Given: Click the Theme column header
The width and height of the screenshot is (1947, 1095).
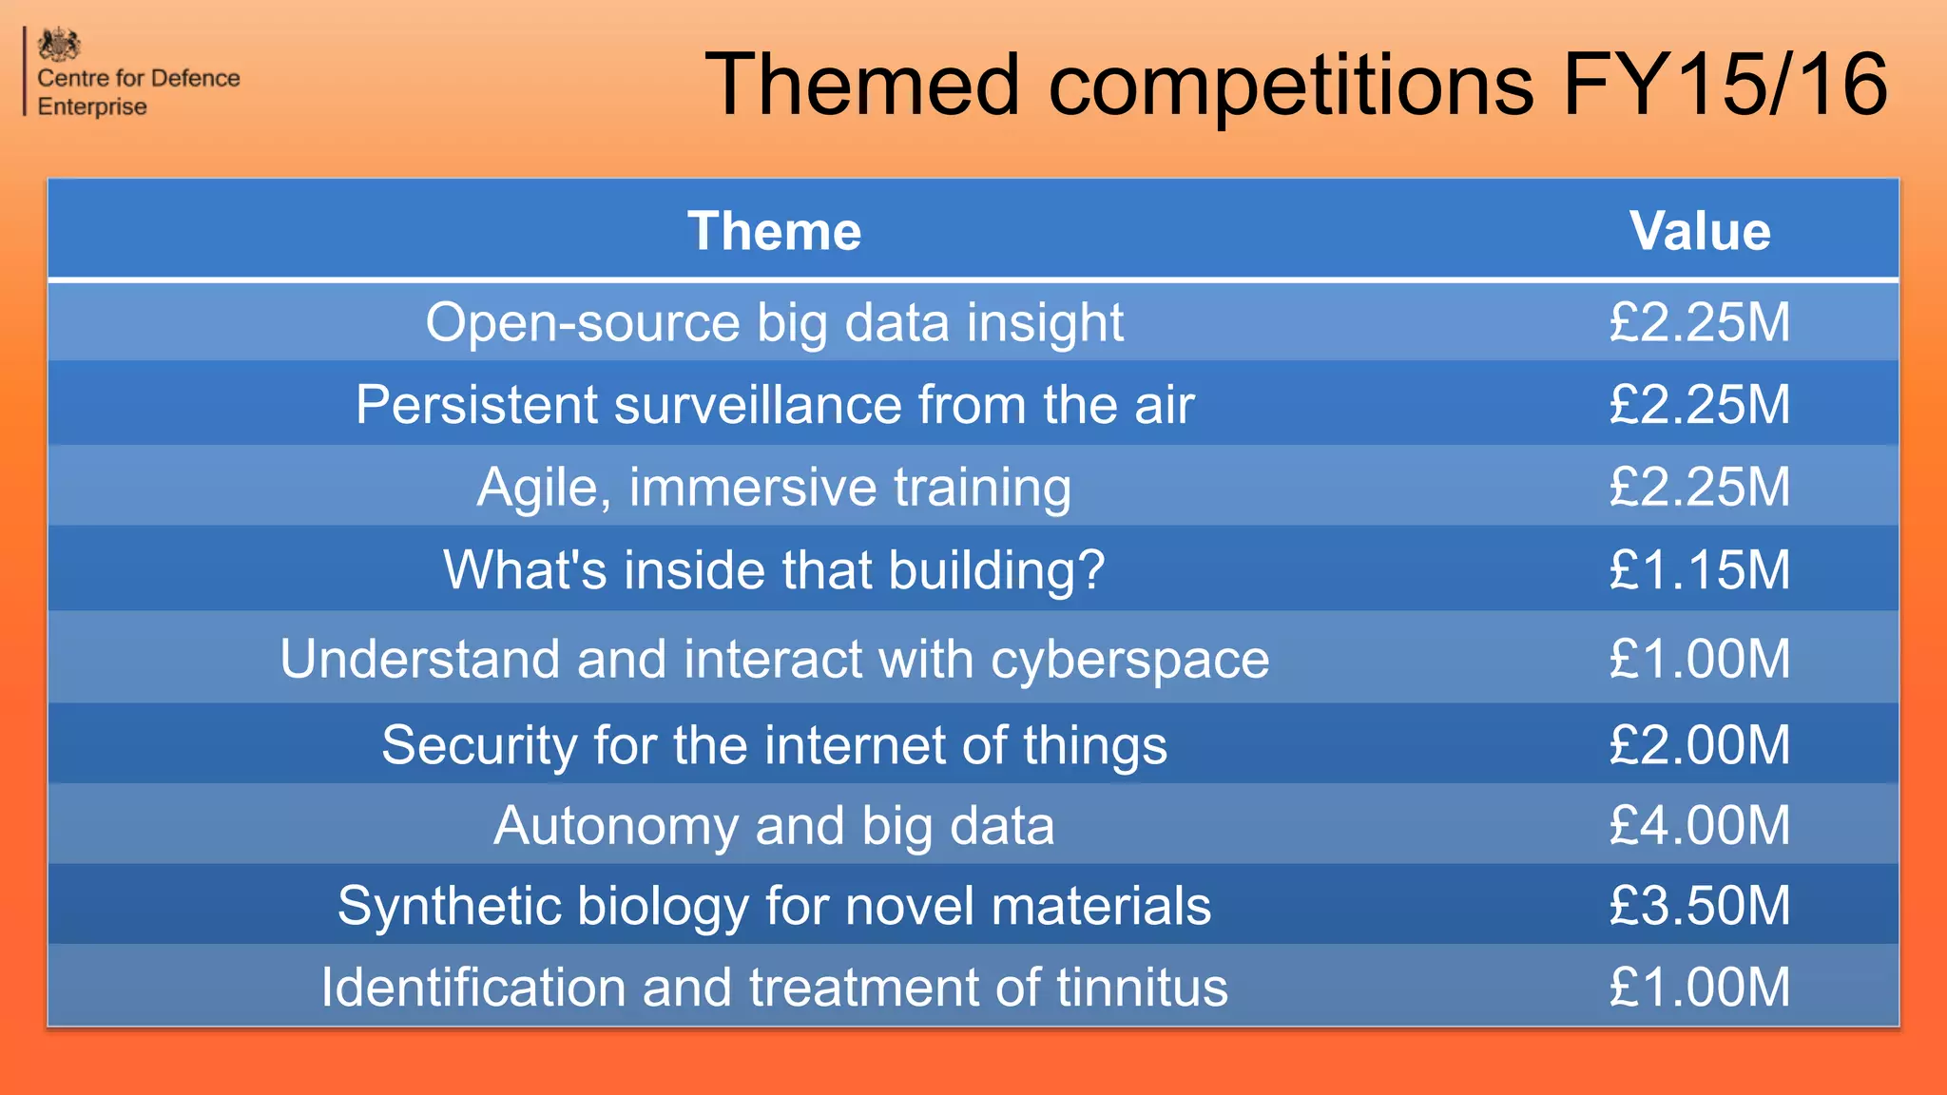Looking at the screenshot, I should pos(774,231).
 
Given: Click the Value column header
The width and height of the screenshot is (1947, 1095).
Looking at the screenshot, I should pos(1699,231).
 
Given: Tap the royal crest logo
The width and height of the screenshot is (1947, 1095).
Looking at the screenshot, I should pos(59,45).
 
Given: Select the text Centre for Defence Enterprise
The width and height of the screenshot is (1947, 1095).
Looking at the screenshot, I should pos(138,92).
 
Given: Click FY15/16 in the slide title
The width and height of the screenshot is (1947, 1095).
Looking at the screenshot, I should pos(1724,85).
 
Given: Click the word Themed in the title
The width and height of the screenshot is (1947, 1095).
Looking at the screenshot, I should pos(862,85).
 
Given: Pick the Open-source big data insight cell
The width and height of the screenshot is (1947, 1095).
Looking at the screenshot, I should pos(774,322).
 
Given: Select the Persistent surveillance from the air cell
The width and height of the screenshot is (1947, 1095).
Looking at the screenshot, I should pos(774,405).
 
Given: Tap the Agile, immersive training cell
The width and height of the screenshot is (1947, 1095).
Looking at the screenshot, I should pos(774,487).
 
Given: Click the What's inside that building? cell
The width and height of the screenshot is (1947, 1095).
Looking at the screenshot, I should pos(774,570).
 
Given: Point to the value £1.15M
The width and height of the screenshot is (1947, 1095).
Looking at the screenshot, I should pos(1699,570).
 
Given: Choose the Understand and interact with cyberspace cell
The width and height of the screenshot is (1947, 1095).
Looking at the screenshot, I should pos(774,659).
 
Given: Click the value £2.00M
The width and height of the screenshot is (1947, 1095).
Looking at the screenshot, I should pos(1699,744).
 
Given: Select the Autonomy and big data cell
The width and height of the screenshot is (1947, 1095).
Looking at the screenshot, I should pos(774,825).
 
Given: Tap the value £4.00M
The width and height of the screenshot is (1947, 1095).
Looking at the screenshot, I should pos(1699,825).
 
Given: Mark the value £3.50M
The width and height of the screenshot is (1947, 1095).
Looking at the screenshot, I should pos(1699,905).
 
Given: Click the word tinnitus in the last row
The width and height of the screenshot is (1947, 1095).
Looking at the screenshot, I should pos(1142,987).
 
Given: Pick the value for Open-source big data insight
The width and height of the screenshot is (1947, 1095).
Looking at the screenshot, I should pos(1699,322).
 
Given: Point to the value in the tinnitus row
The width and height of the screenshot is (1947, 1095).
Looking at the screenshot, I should pos(1699,987).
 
